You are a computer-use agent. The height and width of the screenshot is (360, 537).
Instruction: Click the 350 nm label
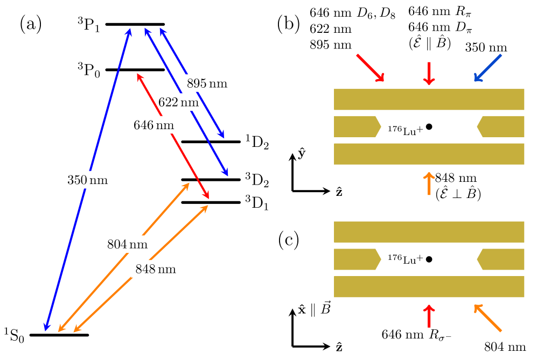pos(87,180)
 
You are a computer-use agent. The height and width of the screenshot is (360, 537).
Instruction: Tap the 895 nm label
pos(207,83)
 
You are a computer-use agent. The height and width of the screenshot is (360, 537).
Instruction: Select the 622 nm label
pos(178,102)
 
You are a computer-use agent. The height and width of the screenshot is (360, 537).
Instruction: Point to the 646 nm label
pos(154,125)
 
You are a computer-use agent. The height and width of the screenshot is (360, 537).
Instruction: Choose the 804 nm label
pos(127,244)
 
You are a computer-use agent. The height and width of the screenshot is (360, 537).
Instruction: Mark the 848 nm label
pos(156,269)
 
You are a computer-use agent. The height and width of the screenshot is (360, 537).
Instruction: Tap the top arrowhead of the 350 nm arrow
pos(129,32)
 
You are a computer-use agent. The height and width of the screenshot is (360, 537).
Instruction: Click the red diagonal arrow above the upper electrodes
pos(370,67)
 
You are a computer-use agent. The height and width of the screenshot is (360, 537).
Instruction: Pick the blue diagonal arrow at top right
pos(488,68)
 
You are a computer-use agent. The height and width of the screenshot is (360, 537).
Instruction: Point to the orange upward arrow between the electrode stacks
pos(429,183)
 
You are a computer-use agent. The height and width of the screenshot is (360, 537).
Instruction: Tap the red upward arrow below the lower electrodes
pos(429,316)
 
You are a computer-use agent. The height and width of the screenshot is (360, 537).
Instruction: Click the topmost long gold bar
pos(429,100)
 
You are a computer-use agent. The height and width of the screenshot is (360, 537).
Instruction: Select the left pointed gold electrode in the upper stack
pos(356,126)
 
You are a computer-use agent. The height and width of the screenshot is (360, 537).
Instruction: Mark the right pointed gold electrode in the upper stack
pos(501,126)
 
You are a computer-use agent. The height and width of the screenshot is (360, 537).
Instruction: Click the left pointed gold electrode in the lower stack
pos(356,259)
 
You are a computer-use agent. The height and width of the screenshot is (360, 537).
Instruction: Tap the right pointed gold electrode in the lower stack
pos(501,259)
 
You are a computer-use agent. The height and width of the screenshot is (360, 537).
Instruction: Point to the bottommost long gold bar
pos(429,287)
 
